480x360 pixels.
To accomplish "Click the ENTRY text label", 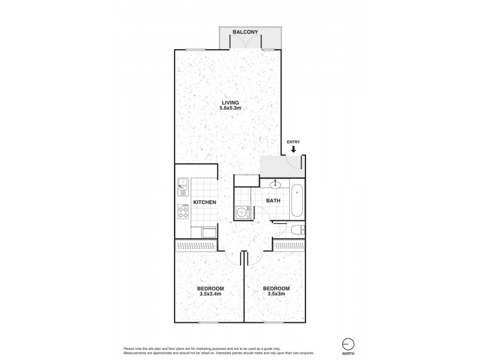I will pyautogui.click(x=293, y=142).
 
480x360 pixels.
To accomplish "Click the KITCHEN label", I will pyautogui.click(x=205, y=202).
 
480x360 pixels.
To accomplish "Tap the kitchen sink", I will pyautogui.click(x=183, y=187).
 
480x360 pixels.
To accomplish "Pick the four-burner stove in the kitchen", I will pyautogui.click(x=183, y=211).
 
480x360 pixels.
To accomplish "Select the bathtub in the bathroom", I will pyautogui.click(x=298, y=202).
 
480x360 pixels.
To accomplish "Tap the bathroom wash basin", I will pyautogui.click(x=277, y=184).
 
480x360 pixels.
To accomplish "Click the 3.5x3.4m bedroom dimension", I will pyautogui.click(x=209, y=294).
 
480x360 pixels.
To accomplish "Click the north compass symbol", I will pyautogui.click(x=347, y=343).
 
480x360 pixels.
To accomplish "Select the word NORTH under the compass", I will pyautogui.click(x=347, y=354).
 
